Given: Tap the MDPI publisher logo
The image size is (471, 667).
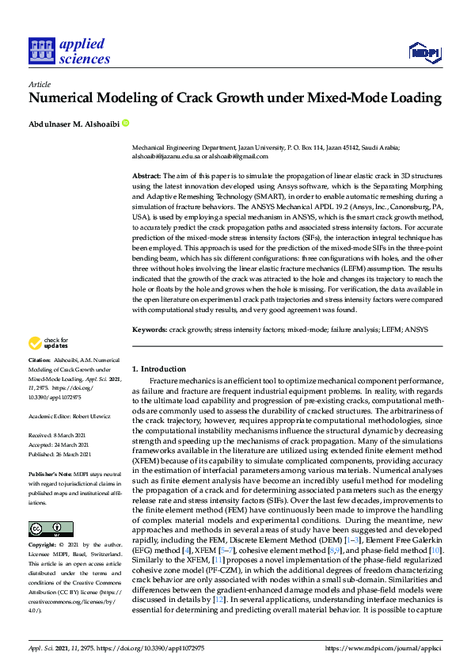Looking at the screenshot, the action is [x=424, y=52].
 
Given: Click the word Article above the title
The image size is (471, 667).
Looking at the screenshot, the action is [x=39, y=84].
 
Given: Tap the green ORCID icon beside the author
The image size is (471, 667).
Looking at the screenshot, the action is [x=125, y=123].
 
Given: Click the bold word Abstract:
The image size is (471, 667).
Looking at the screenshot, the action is [x=146, y=174].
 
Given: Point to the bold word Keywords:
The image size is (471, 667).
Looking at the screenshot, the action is [x=149, y=327].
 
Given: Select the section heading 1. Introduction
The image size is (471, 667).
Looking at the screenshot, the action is [x=158, y=369].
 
